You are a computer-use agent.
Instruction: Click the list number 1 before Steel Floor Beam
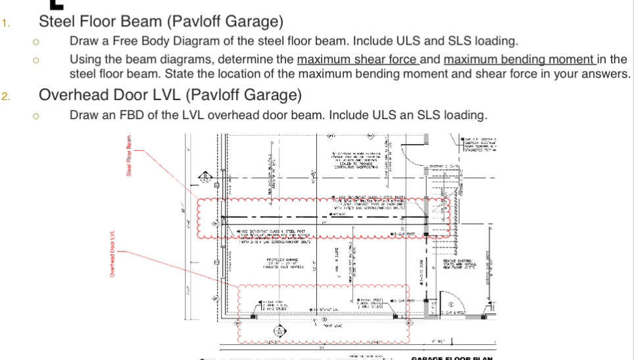5,24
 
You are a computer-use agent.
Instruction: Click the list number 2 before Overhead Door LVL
5,97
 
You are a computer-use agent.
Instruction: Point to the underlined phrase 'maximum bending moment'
519,60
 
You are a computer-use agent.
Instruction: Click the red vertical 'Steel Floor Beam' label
130,156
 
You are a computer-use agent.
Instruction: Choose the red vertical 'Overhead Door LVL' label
112,254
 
